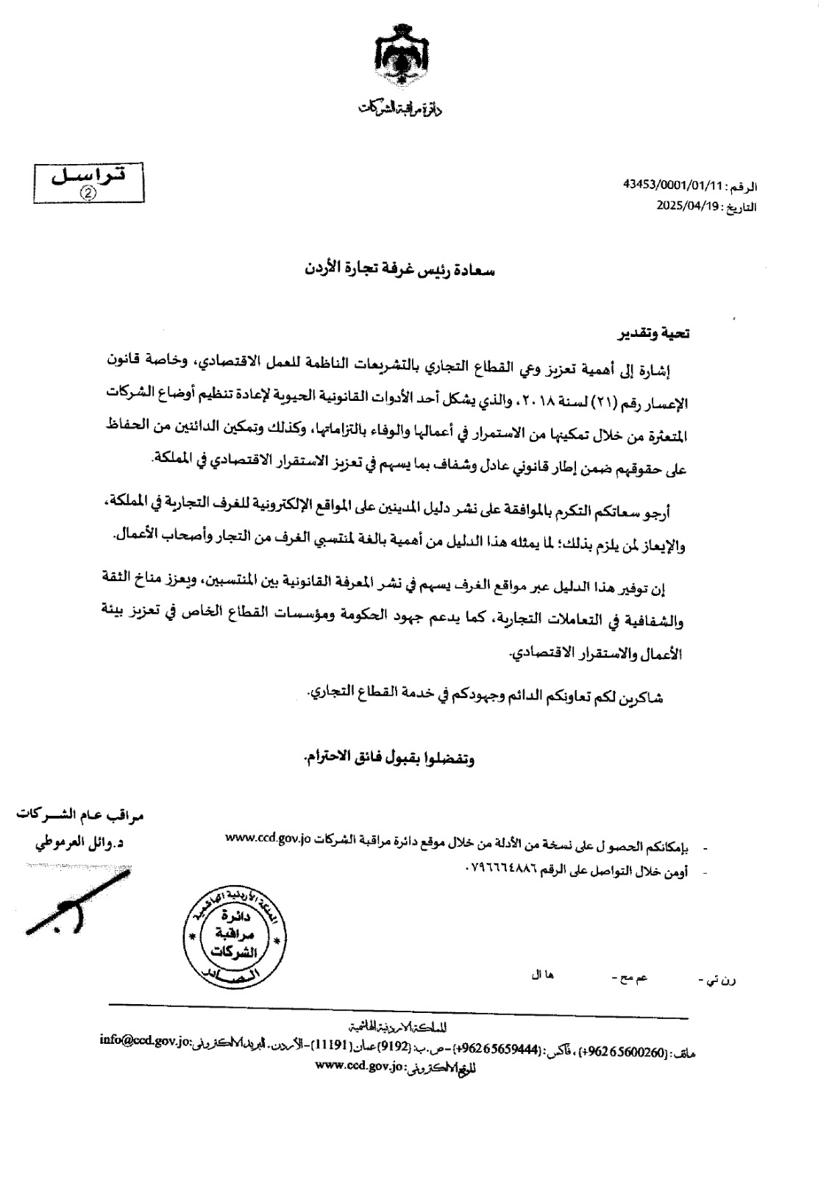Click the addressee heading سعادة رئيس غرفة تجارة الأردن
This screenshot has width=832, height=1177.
click(399, 270)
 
